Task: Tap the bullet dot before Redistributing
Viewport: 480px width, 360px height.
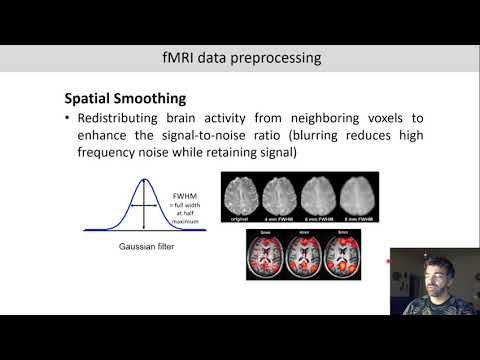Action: (x=67, y=120)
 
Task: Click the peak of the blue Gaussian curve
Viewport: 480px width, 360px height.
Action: (x=144, y=180)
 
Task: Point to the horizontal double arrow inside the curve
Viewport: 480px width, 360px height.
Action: (x=144, y=204)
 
